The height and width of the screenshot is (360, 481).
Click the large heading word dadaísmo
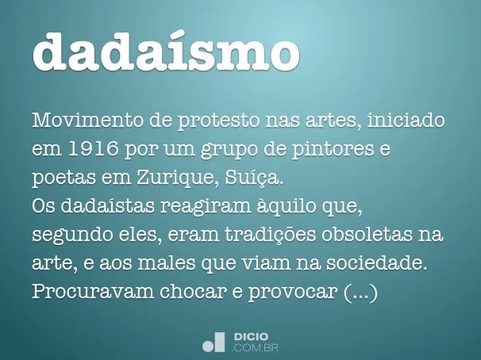[x=166, y=51]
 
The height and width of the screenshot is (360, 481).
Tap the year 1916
[x=94, y=148]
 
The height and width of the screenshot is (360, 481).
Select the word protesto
[x=218, y=121]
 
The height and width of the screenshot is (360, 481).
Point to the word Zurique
[x=175, y=178]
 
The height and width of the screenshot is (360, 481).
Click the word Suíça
[x=253, y=178]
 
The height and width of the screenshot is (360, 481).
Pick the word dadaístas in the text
[x=107, y=205]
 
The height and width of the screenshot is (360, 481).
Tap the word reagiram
[x=206, y=206]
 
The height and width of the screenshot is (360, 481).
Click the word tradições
[x=270, y=235]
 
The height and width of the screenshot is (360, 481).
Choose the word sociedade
[x=377, y=263]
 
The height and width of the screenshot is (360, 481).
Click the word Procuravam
[x=93, y=291]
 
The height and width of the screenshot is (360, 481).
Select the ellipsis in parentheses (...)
[x=360, y=292]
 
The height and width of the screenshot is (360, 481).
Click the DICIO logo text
[x=251, y=336]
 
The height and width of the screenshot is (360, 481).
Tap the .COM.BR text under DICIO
[x=256, y=348]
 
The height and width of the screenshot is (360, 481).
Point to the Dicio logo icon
[x=214, y=342]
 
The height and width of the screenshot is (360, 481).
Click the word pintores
[x=333, y=149]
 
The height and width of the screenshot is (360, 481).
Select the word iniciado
[x=406, y=120]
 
